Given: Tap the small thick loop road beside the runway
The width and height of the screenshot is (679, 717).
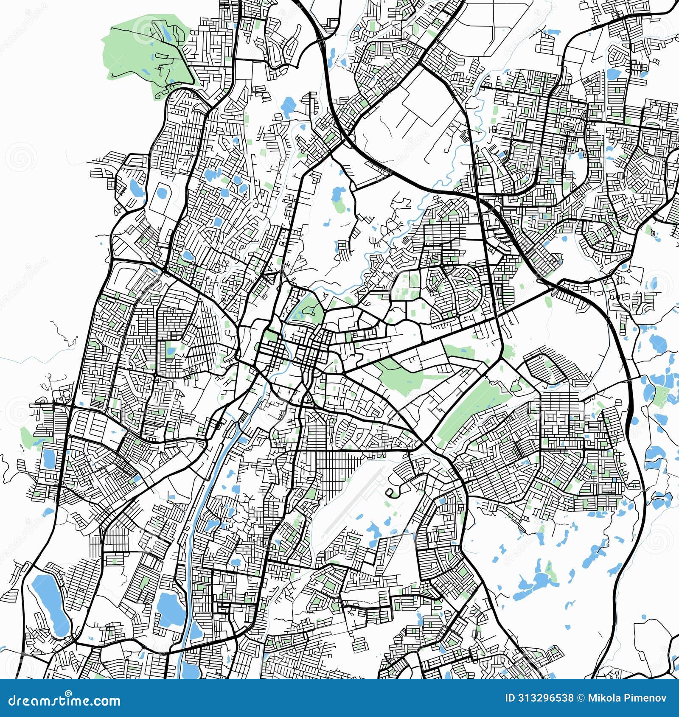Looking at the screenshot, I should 391,492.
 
